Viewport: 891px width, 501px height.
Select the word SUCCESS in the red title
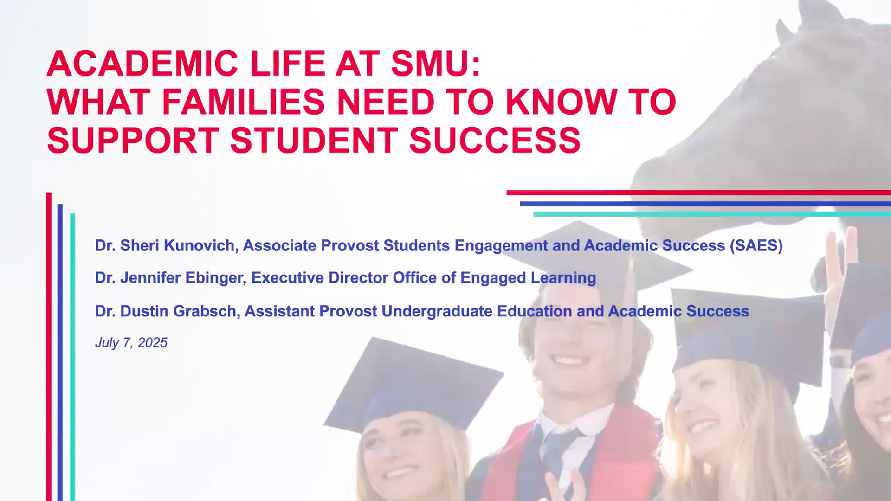pyautogui.click(x=495, y=140)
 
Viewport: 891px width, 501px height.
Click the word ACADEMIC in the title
pyautogui.click(x=142, y=64)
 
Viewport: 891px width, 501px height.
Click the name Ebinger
pyautogui.click(x=216, y=278)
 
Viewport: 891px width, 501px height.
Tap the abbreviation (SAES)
pyautogui.click(x=756, y=245)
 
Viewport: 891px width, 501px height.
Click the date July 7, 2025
pyautogui.click(x=131, y=343)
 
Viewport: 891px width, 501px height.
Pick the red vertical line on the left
pyautogui.click(x=49, y=347)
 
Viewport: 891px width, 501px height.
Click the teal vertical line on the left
pyautogui.click(x=72, y=357)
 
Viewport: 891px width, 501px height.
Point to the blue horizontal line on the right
pyautogui.click(x=705, y=204)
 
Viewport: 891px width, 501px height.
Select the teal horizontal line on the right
pyautogui.click(x=712, y=214)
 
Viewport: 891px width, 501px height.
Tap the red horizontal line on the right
pyautogui.click(x=699, y=193)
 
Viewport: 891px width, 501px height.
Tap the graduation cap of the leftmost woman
pyautogui.click(x=413, y=385)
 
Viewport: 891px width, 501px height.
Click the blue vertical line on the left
pyautogui.click(x=60, y=353)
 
